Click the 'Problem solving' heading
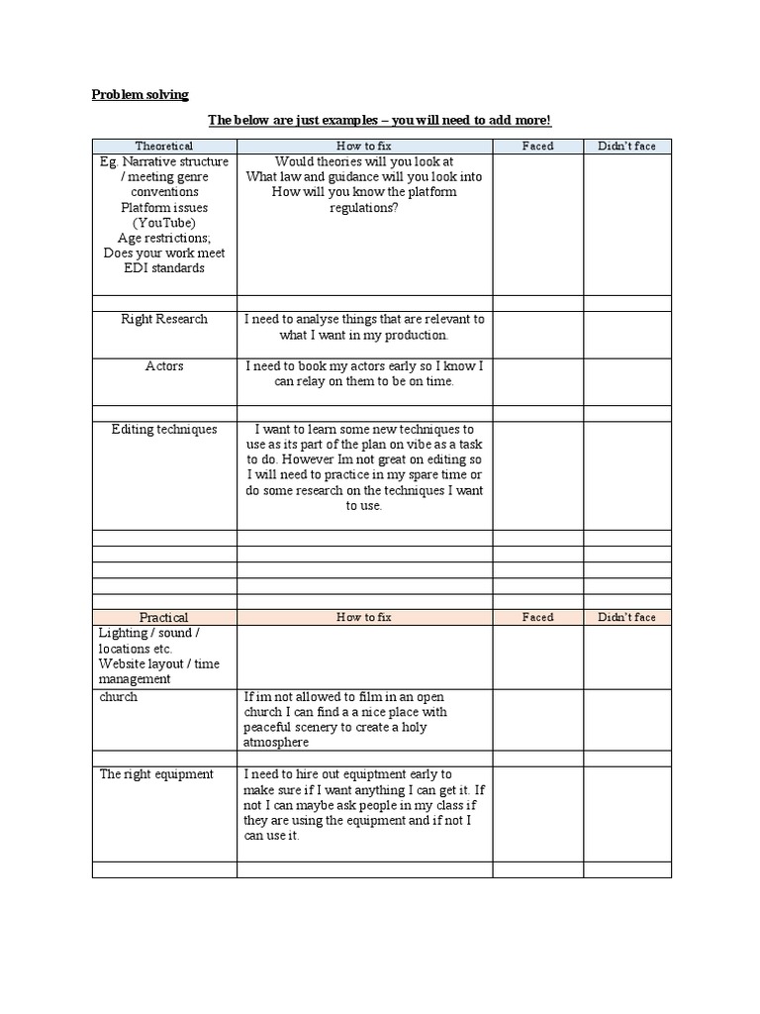pos(140,95)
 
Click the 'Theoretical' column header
pos(164,147)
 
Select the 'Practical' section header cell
pos(164,617)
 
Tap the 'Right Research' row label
pos(164,319)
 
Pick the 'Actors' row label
pos(164,366)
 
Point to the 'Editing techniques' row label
pos(164,430)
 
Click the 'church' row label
pos(119,697)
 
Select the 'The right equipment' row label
pos(156,774)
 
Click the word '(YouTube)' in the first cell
pos(164,223)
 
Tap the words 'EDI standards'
pos(164,268)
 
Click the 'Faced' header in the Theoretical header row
pos(537,147)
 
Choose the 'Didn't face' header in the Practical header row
pos(626,617)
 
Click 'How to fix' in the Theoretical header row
pos(364,147)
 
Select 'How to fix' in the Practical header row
pos(364,617)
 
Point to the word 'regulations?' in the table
pos(364,208)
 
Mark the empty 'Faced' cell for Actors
pos(537,381)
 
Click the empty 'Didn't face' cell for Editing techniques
pos(626,475)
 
